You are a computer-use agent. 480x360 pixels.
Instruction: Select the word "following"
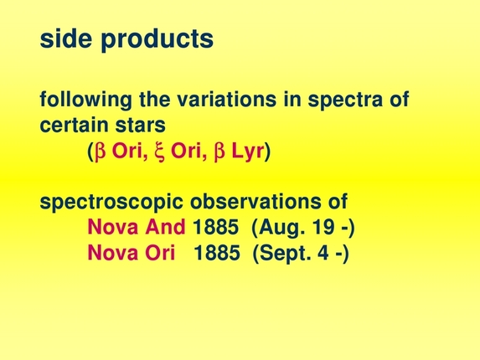point(80,101)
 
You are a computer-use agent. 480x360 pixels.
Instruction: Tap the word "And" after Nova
point(168,227)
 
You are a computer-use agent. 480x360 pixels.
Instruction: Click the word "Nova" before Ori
point(114,252)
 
